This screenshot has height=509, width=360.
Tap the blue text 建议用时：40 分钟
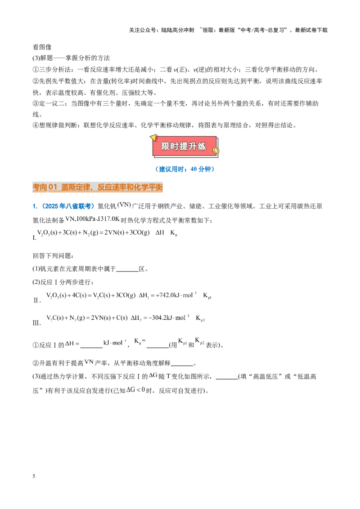click(184, 169)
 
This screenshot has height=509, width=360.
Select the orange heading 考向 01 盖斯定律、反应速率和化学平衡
click(98, 187)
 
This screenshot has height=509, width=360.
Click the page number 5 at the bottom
click(34, 476)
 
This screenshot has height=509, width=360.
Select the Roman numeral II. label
click(37, 300)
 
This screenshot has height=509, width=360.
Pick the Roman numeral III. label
click(37, 323)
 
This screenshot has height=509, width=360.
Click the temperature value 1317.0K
click(109, 219)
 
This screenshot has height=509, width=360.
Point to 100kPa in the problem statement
click(85, 219)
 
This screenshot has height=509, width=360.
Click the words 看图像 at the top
click(42, 47)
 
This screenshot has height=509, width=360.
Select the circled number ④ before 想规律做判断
click(36, 125)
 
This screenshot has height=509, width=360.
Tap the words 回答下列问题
click(52, 256)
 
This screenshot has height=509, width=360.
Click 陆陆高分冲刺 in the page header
click(178, 30)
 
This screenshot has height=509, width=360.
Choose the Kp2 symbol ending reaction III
click(200, 318)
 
